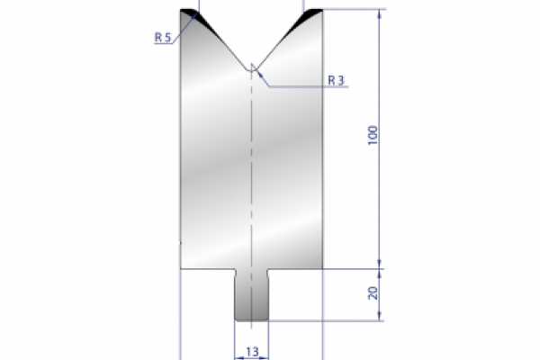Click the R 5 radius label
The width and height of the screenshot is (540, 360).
(x=161, y=37)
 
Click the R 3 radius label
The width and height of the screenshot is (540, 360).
(x=337, y=80)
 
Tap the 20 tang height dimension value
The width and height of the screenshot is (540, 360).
(x=373, y=292)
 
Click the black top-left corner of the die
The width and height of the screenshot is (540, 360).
(x=189, y=14)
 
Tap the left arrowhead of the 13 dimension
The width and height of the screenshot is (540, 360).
(x=238, y=355)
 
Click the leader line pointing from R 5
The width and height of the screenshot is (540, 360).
(x=184, y=25)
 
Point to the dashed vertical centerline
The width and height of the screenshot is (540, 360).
(x=252, y=180)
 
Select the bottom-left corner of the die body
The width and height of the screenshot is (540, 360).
(x=182, y=267)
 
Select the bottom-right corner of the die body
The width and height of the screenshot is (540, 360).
(x=322, y=267)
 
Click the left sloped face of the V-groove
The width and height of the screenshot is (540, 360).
(x=220, y=40)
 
